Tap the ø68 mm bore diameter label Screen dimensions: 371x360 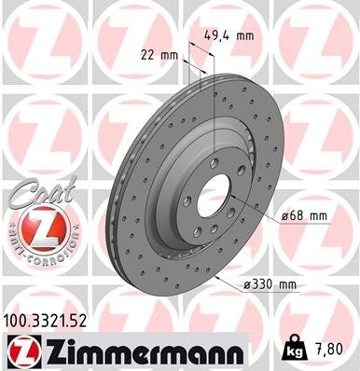point(305,216)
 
